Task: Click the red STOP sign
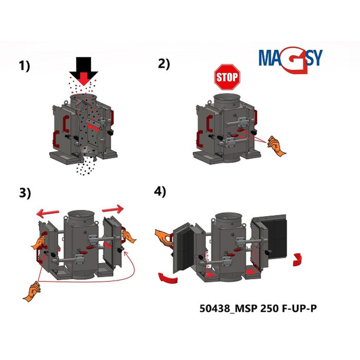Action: pos(227,77)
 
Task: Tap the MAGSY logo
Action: pos(291,59)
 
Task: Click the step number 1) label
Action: pos(25,66)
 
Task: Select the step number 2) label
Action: pos(164,64)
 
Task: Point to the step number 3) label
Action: pos(25,193)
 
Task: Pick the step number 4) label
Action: pos(160,192)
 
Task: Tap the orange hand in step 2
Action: pos(276,146)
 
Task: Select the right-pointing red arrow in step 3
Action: pos(113,209)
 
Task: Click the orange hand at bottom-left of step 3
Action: pos(32,291)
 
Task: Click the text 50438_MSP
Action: pos(228,309)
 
